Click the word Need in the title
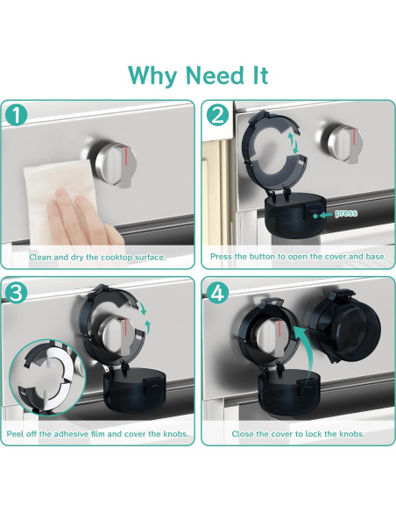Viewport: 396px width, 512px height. (215, 75)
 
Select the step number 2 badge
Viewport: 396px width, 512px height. (218, 115)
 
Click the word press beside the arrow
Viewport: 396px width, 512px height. (346, 213)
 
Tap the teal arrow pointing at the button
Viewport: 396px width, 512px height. (327, 215)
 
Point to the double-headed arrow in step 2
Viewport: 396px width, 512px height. (293, 143)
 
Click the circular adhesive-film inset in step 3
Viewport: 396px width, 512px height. (47, 377)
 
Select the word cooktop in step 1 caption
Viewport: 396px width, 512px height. (117, 257)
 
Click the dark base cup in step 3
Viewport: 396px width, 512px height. (134, 391)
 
